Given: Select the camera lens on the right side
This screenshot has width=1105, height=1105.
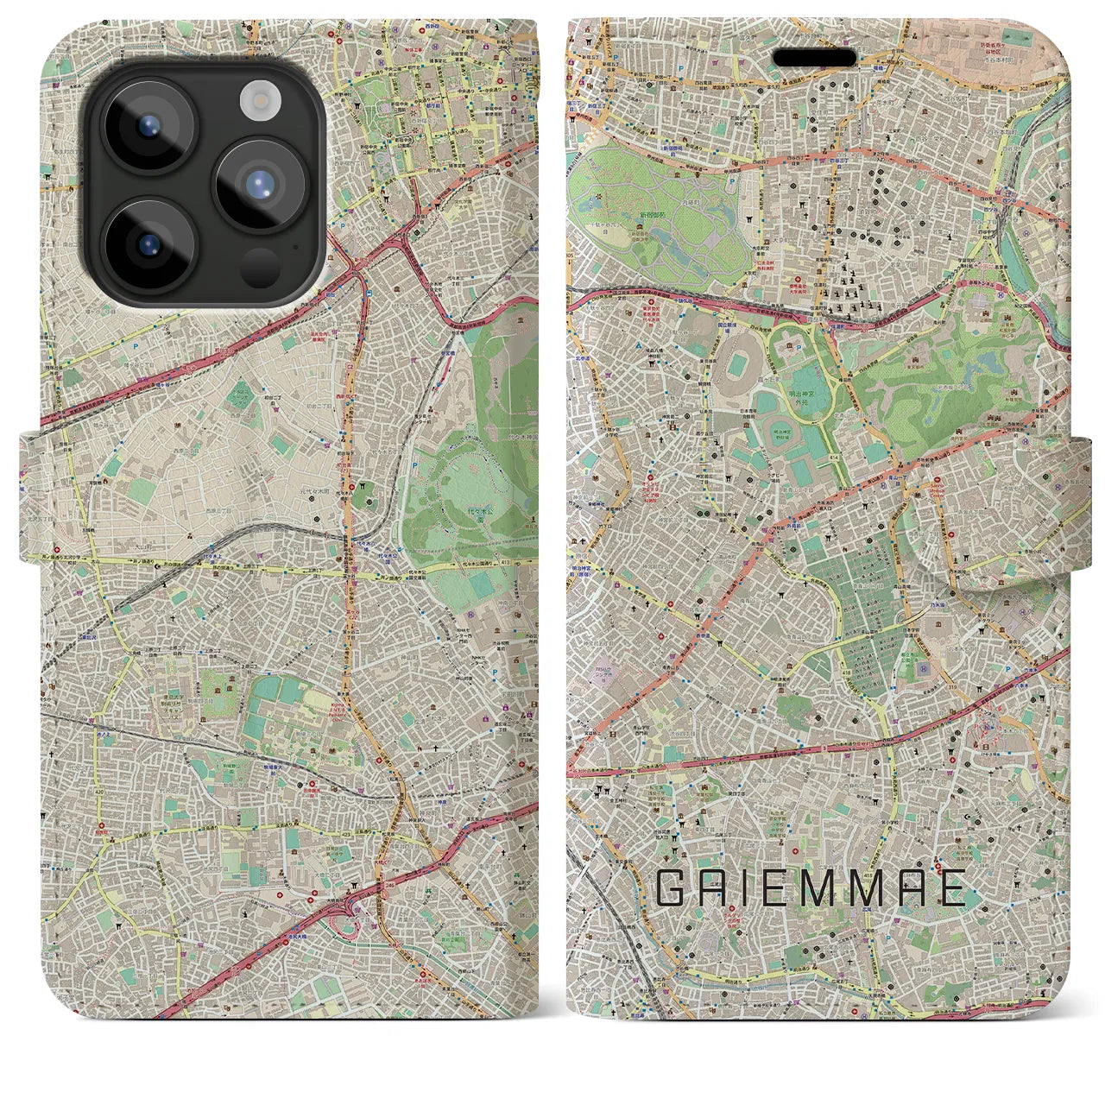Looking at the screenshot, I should click(261, 184).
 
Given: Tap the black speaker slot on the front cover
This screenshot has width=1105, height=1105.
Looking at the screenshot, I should click(814, 57).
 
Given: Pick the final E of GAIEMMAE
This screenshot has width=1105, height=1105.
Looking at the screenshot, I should click(951, 887).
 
